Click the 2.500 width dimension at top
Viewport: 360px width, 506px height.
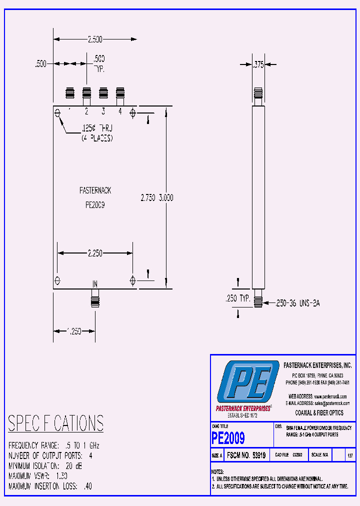[95, 39]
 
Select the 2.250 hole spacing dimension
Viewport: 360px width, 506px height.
[95, 253]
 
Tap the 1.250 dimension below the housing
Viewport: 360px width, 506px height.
[74, 331]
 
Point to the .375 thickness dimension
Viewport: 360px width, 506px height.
[258, 64]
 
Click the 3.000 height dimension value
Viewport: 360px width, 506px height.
[166, 198]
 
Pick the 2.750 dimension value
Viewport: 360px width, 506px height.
[148, 198]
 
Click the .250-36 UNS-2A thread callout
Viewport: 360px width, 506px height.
[297, 302]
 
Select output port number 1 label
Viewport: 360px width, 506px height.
[69, 111]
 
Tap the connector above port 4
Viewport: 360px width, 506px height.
[120, 94]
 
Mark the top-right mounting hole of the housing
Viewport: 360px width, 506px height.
[132, 112]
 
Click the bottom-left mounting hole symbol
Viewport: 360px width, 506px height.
[57, 279]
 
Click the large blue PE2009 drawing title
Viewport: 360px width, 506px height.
[228, 438]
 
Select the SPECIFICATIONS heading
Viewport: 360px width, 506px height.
[55, 423]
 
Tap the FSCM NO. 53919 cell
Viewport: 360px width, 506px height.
[245, 456]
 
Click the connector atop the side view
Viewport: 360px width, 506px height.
[258, 94]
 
